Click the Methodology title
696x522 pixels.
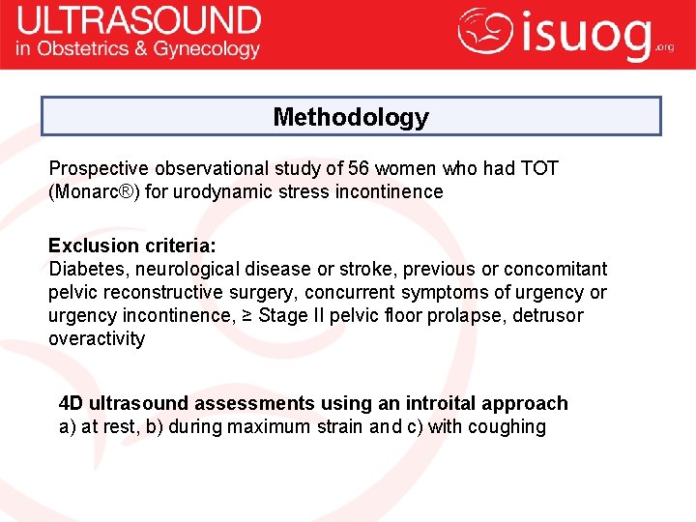pos(351,117)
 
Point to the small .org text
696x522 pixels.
pos(665,46)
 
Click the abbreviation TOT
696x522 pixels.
pos(539,168)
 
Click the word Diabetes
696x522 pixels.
pos(88,269)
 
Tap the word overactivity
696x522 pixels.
pos(97,338)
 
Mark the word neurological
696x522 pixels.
pos(182,269)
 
